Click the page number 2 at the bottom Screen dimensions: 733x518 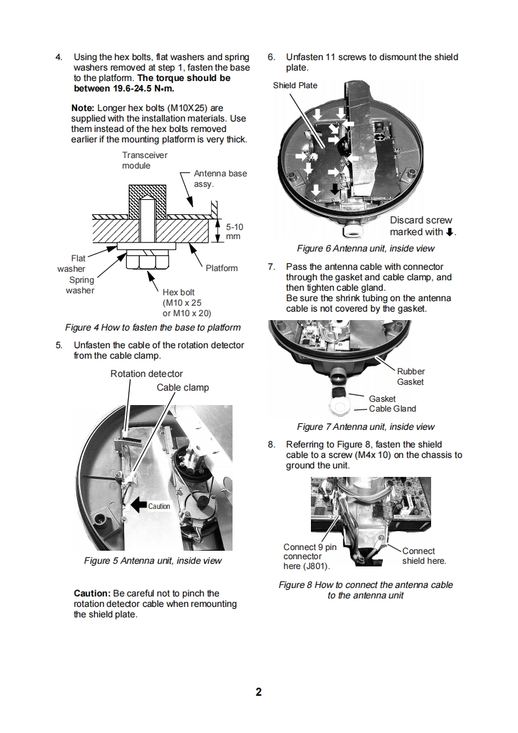[259, 692]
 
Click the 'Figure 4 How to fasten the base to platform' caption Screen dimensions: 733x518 [153, 327]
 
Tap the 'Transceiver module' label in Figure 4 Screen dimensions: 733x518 [144, 160]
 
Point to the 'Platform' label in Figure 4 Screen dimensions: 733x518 [221, 268]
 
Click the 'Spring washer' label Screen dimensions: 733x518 [80, 285]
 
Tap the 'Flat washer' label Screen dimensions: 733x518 [71, 263]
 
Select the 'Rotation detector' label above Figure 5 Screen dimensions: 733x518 [146, 374]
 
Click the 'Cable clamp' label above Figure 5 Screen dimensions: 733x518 [182, 387]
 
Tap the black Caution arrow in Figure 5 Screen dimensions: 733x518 [139, 505]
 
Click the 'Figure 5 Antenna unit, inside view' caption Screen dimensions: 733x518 [153, 561]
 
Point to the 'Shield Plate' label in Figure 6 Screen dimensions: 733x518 [295, 86]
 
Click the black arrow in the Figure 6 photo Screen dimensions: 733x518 [335, 189]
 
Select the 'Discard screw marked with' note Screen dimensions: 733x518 [422, 226]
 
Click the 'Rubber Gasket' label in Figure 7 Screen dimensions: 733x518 [410, 376]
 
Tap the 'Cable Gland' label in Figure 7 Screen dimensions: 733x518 [392, 409]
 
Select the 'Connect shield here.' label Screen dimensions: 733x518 [423, 556]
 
